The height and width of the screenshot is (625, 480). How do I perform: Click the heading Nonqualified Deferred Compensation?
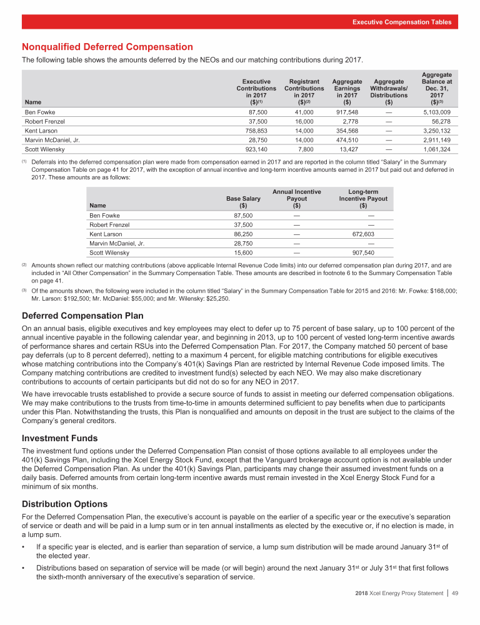click(107, 47)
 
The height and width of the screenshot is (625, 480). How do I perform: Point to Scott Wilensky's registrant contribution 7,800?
click(311, 150)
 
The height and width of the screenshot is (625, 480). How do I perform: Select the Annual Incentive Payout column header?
click(297, 199)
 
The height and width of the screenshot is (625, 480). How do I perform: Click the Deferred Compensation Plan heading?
click(82, 316)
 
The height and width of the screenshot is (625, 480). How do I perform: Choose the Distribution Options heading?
click(64, 504)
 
